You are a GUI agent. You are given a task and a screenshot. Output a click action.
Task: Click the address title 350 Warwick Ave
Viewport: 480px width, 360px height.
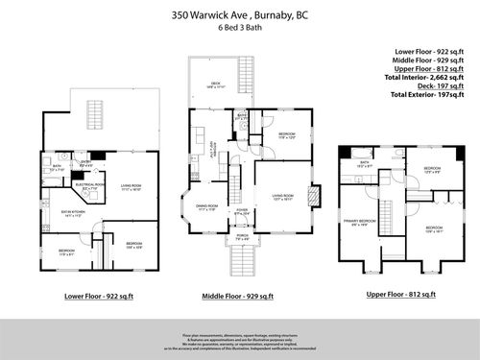(240, 15)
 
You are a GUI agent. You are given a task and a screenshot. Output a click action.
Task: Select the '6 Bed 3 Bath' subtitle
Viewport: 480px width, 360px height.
(240, 28)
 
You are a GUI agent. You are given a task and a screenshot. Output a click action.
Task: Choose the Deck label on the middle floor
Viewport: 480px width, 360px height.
(217, 84)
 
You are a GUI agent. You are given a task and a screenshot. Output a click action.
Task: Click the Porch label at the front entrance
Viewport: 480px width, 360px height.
(242, 235)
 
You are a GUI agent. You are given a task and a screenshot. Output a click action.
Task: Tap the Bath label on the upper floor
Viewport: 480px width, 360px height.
(365, 164)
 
